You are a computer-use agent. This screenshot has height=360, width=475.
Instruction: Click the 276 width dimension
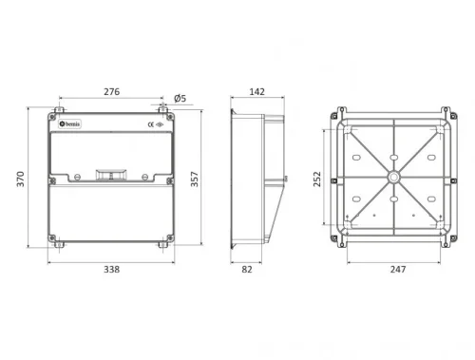click(111, 92)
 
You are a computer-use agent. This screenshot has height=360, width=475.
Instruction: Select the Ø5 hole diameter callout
click(180, 98)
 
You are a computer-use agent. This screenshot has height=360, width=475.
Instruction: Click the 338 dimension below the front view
click(111, 270)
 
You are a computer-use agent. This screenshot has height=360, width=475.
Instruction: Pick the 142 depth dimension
click(256, 92)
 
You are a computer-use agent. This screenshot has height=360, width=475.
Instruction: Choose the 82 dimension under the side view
click(246, 270)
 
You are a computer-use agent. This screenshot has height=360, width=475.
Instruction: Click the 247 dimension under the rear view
click(397, 270)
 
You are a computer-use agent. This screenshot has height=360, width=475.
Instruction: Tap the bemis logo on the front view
click(73, 124)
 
